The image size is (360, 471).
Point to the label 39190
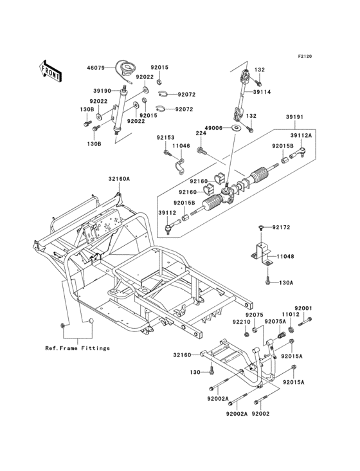pos(104,91)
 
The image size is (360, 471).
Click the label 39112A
pos(301,135)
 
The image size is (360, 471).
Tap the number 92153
pos(165,137)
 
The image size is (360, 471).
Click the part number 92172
pos(281,227)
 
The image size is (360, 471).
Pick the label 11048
pos(286,257)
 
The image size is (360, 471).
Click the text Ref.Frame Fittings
pos(77,348)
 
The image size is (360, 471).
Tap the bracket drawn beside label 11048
pos(263,252)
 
